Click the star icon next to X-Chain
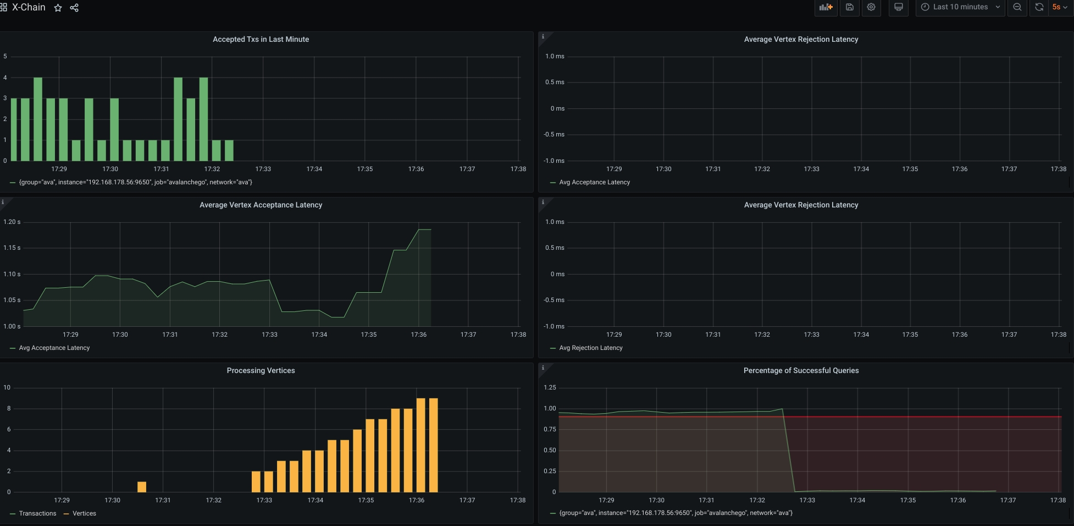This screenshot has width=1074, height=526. [58, 8]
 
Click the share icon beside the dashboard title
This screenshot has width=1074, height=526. [74, 8]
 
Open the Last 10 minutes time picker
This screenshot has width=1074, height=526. [960, 7]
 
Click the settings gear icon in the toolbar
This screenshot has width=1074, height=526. [871, 7]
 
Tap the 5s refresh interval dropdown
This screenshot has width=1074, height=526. [1059, 7]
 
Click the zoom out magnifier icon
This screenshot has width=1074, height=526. [1017, 7]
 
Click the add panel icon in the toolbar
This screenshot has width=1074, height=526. [826, 7]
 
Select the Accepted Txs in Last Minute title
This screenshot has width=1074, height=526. [261, 39]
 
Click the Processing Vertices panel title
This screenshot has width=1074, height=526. [261, 370]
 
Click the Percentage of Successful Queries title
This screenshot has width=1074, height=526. [801, 370]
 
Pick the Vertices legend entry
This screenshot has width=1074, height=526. [84, 513]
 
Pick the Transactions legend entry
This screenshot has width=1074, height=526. [37, 513]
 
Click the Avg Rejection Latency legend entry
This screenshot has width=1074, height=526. [591, 348]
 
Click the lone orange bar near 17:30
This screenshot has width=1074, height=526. [142, 487]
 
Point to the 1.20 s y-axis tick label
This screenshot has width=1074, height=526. [12, 222]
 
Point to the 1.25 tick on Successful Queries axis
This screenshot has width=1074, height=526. [550, 387]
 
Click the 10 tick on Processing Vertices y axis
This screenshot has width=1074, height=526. [7, 387]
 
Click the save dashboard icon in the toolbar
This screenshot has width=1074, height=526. [849, 7]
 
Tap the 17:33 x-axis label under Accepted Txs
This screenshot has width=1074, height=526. [263, 169]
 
